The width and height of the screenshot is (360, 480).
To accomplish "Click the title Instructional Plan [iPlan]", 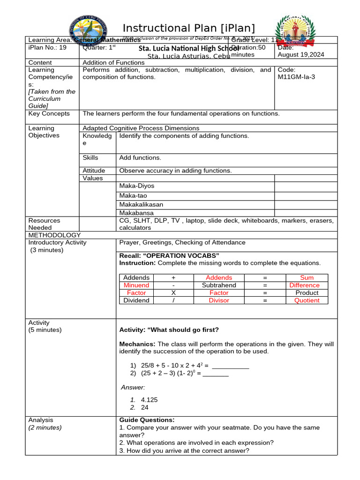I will tap(189, 28).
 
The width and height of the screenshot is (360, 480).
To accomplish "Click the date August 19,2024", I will tap(300, 55).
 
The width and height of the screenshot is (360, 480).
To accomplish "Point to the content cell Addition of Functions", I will tap(113, 62).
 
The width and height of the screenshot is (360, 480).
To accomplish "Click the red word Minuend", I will tap(136, 285).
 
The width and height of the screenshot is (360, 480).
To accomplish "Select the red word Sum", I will tap(307, 277).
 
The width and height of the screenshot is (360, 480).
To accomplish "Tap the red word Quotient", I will tap(307, 300).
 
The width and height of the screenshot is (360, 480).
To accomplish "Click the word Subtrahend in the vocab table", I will tap(219, 285).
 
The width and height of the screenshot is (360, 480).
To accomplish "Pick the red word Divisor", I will tap(219, 300).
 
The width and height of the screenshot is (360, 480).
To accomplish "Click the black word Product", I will tap(307, 292).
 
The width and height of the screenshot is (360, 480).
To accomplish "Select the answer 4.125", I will tap(149, 400).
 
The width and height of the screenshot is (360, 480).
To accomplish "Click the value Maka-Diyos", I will tap(137, 186).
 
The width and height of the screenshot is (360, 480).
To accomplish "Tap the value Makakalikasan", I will tap(141, 204).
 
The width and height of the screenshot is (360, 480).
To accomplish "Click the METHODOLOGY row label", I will tap(54, 235).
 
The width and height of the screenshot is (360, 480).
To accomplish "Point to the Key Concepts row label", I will tap(49, 113).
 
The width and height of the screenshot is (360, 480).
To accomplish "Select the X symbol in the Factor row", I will tap(173, 292).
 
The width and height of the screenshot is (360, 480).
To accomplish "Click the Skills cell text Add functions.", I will tap(140, 158).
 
